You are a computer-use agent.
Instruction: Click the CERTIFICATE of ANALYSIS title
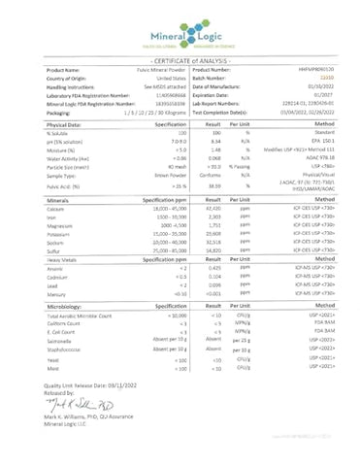pos(180,60)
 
